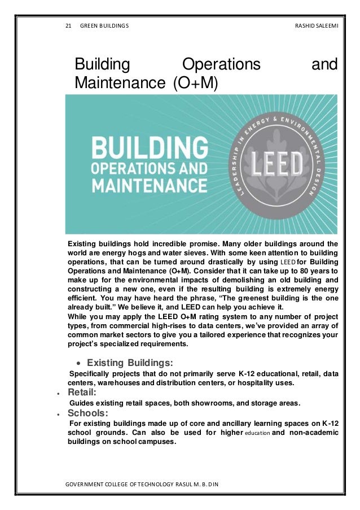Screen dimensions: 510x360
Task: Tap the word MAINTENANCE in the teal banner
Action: [x=144, y=185]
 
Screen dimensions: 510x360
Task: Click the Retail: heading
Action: [x=82, y=391]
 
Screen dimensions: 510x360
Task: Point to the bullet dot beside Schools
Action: [x=59, y=413]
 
